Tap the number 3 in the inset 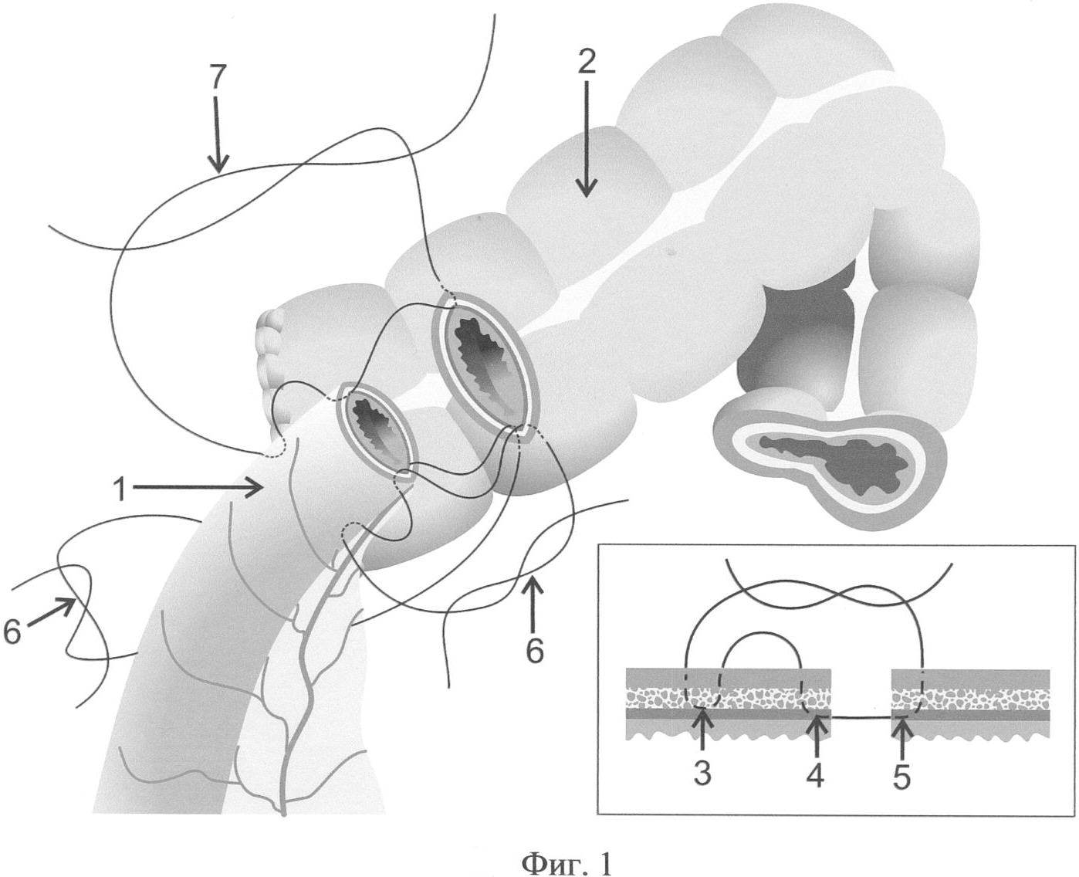(x=702, y=773)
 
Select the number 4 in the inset (x=816, y=773)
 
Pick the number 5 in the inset (x=901, y=773)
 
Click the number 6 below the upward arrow (x=534, y=651)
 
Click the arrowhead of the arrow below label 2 (x=587, y=188)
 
